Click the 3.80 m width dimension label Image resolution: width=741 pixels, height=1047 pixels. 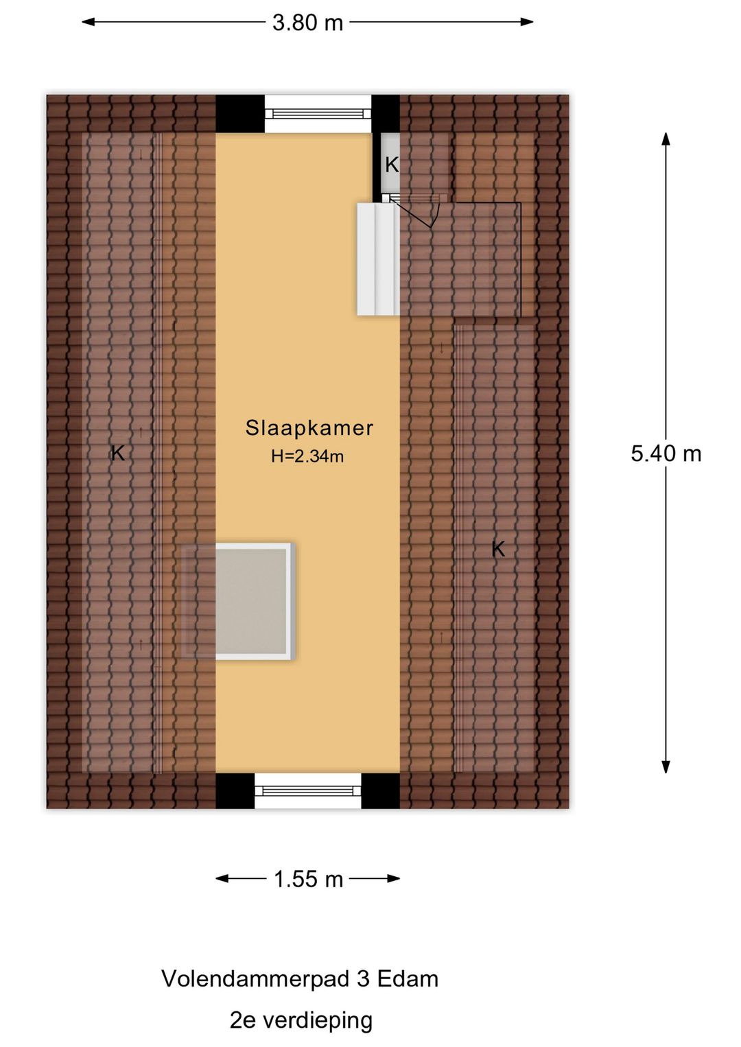(x=307, y=23)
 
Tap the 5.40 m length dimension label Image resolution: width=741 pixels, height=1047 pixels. (x=666, y=454)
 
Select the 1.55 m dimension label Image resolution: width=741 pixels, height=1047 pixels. (x=308, y=879)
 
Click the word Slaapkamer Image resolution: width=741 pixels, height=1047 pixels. (x=309, y=428)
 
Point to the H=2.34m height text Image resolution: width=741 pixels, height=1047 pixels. (x=307, y=456)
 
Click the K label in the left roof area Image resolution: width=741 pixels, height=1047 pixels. (x=118, y=453)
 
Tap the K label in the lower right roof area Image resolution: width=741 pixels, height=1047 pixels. (x=498, y=549)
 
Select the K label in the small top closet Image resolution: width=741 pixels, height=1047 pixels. (x=392, y=165)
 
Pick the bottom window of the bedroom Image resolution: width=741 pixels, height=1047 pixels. (x=308, y=790)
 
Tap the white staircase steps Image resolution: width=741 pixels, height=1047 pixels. (x=377, y=259)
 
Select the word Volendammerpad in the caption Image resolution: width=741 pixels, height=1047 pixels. (x=255, y=979)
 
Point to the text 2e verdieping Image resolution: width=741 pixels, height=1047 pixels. (x=301, y=1020)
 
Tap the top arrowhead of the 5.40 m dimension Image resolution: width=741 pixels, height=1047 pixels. (x=666, y=138)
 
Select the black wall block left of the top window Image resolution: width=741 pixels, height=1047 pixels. (x=240, y=114)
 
